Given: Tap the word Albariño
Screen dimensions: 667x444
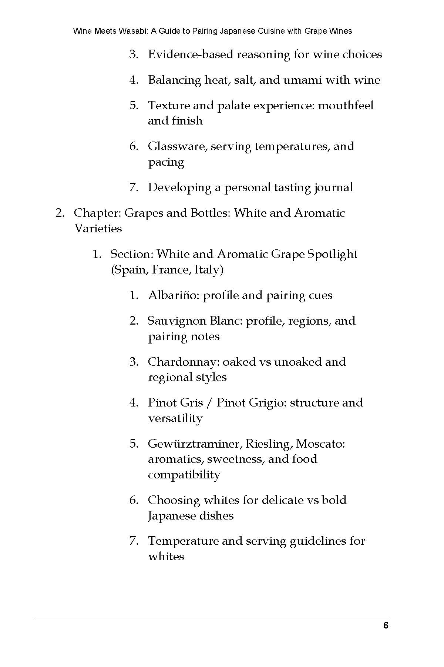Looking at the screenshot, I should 174,295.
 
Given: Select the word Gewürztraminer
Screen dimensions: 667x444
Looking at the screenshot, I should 195,444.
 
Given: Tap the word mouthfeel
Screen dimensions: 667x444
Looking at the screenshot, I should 346,106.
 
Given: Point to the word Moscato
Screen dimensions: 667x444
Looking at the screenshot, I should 320,444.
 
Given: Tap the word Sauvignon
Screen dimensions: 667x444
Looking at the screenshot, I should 177,321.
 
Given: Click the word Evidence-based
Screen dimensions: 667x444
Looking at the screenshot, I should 190,54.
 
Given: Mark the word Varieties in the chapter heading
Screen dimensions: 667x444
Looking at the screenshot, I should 98,229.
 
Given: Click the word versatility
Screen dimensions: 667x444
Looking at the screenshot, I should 175,418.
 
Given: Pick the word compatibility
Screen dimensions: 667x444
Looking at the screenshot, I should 184,475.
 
